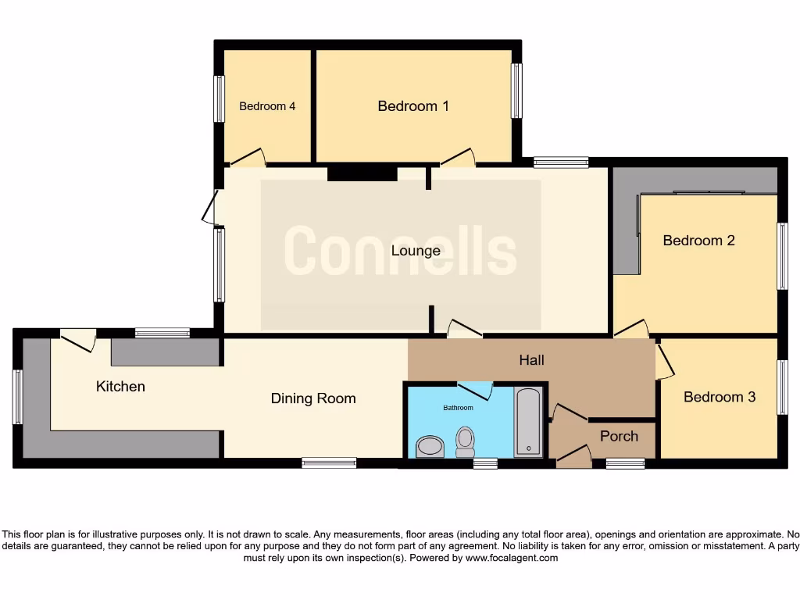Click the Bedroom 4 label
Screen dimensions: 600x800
tap(267, 106)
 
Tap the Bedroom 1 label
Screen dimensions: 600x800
tap(413, 106)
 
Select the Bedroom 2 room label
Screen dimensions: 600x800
tap(698, 241)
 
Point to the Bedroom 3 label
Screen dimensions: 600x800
tap(719, 397)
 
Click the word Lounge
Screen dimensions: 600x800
tap(416, 251)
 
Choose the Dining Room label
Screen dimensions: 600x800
tap(313, 398)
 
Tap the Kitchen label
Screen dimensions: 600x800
tap(120, 386)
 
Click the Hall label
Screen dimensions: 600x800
tap(532, 360)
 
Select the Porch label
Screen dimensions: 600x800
tap(619, 436)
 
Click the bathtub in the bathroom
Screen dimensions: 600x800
tap(528, 422)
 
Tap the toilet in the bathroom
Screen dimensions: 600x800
tap(465, 441)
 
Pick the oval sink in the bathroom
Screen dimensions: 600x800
tap(429, 447)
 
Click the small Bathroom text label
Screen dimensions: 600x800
tap(458, 408)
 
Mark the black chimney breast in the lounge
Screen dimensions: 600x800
tap(362, 173)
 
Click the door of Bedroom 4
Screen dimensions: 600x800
tap(248, 158)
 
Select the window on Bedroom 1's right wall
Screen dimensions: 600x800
tap(516, 91)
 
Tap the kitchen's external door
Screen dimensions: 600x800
tap(79, 339)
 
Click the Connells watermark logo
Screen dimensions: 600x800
tap(400, 251)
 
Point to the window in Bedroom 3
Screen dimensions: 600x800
tap(781, 387)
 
